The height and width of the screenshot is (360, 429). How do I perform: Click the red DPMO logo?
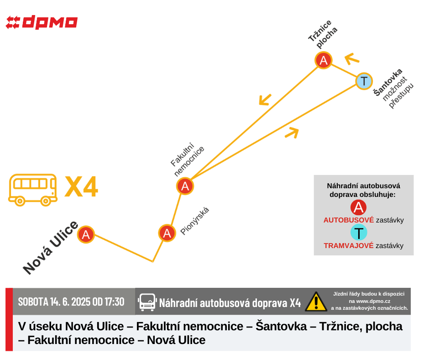(x=42, y=22)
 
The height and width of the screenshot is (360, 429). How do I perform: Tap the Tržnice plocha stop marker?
(x=324, y=60)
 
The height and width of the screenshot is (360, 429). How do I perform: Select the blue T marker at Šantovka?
(x=364, y=81)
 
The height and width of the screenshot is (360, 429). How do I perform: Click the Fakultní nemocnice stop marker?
(x=185, y=186)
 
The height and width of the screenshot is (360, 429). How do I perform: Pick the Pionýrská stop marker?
(x=167, y=233)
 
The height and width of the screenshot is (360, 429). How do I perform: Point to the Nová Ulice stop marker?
(x=86, y=234)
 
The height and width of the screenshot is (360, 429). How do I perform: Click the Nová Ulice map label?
(x=51, y=248)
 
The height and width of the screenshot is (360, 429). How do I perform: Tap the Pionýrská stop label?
(x=195, y=221)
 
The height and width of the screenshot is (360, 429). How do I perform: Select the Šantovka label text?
(x=388, y=82)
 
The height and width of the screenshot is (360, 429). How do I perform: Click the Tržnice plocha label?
(x=323, y=34)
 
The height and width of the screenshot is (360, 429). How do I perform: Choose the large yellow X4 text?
(x=81, y=186)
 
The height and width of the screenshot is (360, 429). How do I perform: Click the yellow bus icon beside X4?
(x=33, y=190)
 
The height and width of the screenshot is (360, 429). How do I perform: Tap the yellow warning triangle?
(x=316, y=302)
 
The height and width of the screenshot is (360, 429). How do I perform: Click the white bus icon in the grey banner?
(x=147, y=302)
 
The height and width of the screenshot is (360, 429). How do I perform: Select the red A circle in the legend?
(x=358, y=207)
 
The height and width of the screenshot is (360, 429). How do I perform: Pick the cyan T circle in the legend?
(x=359, y=233)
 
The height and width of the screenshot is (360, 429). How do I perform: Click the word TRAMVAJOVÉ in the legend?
(x=349, y=245)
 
